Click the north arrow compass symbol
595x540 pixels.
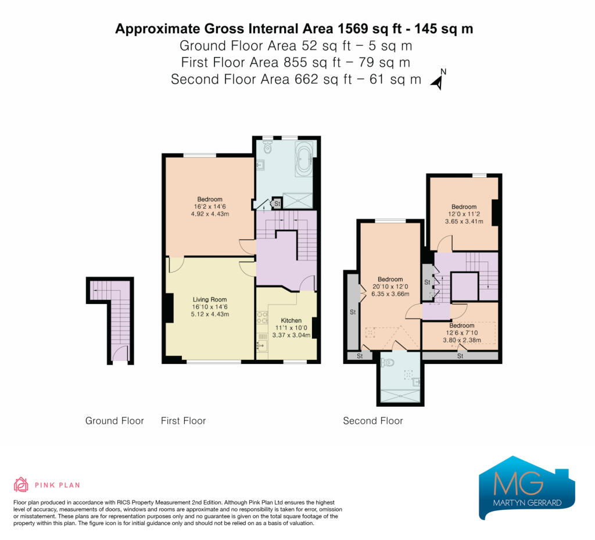click(438, 80)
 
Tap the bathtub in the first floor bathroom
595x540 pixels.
click(304, 159)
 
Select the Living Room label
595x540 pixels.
click(209, 299)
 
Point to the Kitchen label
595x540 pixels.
click(291, 321)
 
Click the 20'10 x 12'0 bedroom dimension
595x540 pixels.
click(390, 287)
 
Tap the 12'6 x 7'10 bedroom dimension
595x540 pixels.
click(462, 333)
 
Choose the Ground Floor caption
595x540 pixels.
click(114, 421)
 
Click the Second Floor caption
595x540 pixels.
click(373, 421)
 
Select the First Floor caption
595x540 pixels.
click(183, 421)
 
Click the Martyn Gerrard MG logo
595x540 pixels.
click(527, 487)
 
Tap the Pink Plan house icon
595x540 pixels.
click(21, 485)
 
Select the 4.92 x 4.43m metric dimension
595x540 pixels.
click(210, 214)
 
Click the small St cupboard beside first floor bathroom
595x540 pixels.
click(277, 203)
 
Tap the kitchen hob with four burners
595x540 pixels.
click(262, 317)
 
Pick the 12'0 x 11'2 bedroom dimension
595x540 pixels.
click(464, 214)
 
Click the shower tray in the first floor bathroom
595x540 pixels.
click(298, 201)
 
